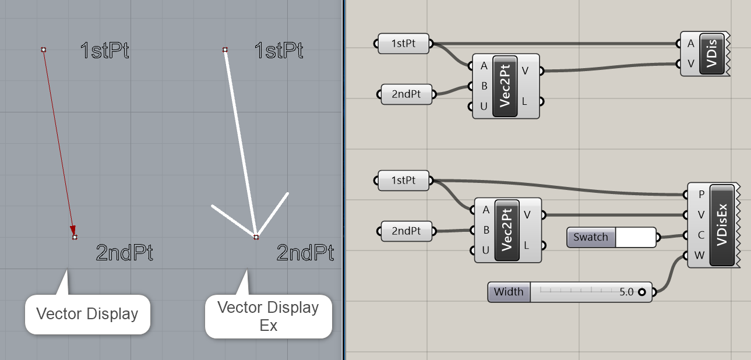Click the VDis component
pos(711,54)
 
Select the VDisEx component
pos(722,225)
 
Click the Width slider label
pos(509,292)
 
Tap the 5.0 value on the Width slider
pos(626,292)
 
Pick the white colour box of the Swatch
pos(635,237)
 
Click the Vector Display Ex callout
pos(268,316)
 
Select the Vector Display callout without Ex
pos(87,314)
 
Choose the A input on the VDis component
pos(690,44)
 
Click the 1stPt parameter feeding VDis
pos(403,43)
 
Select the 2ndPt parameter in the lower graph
pos(406,231)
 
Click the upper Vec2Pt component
pos(505,86)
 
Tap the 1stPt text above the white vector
pos(278,51)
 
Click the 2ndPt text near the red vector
pos(125,253)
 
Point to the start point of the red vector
pos(44,50)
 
